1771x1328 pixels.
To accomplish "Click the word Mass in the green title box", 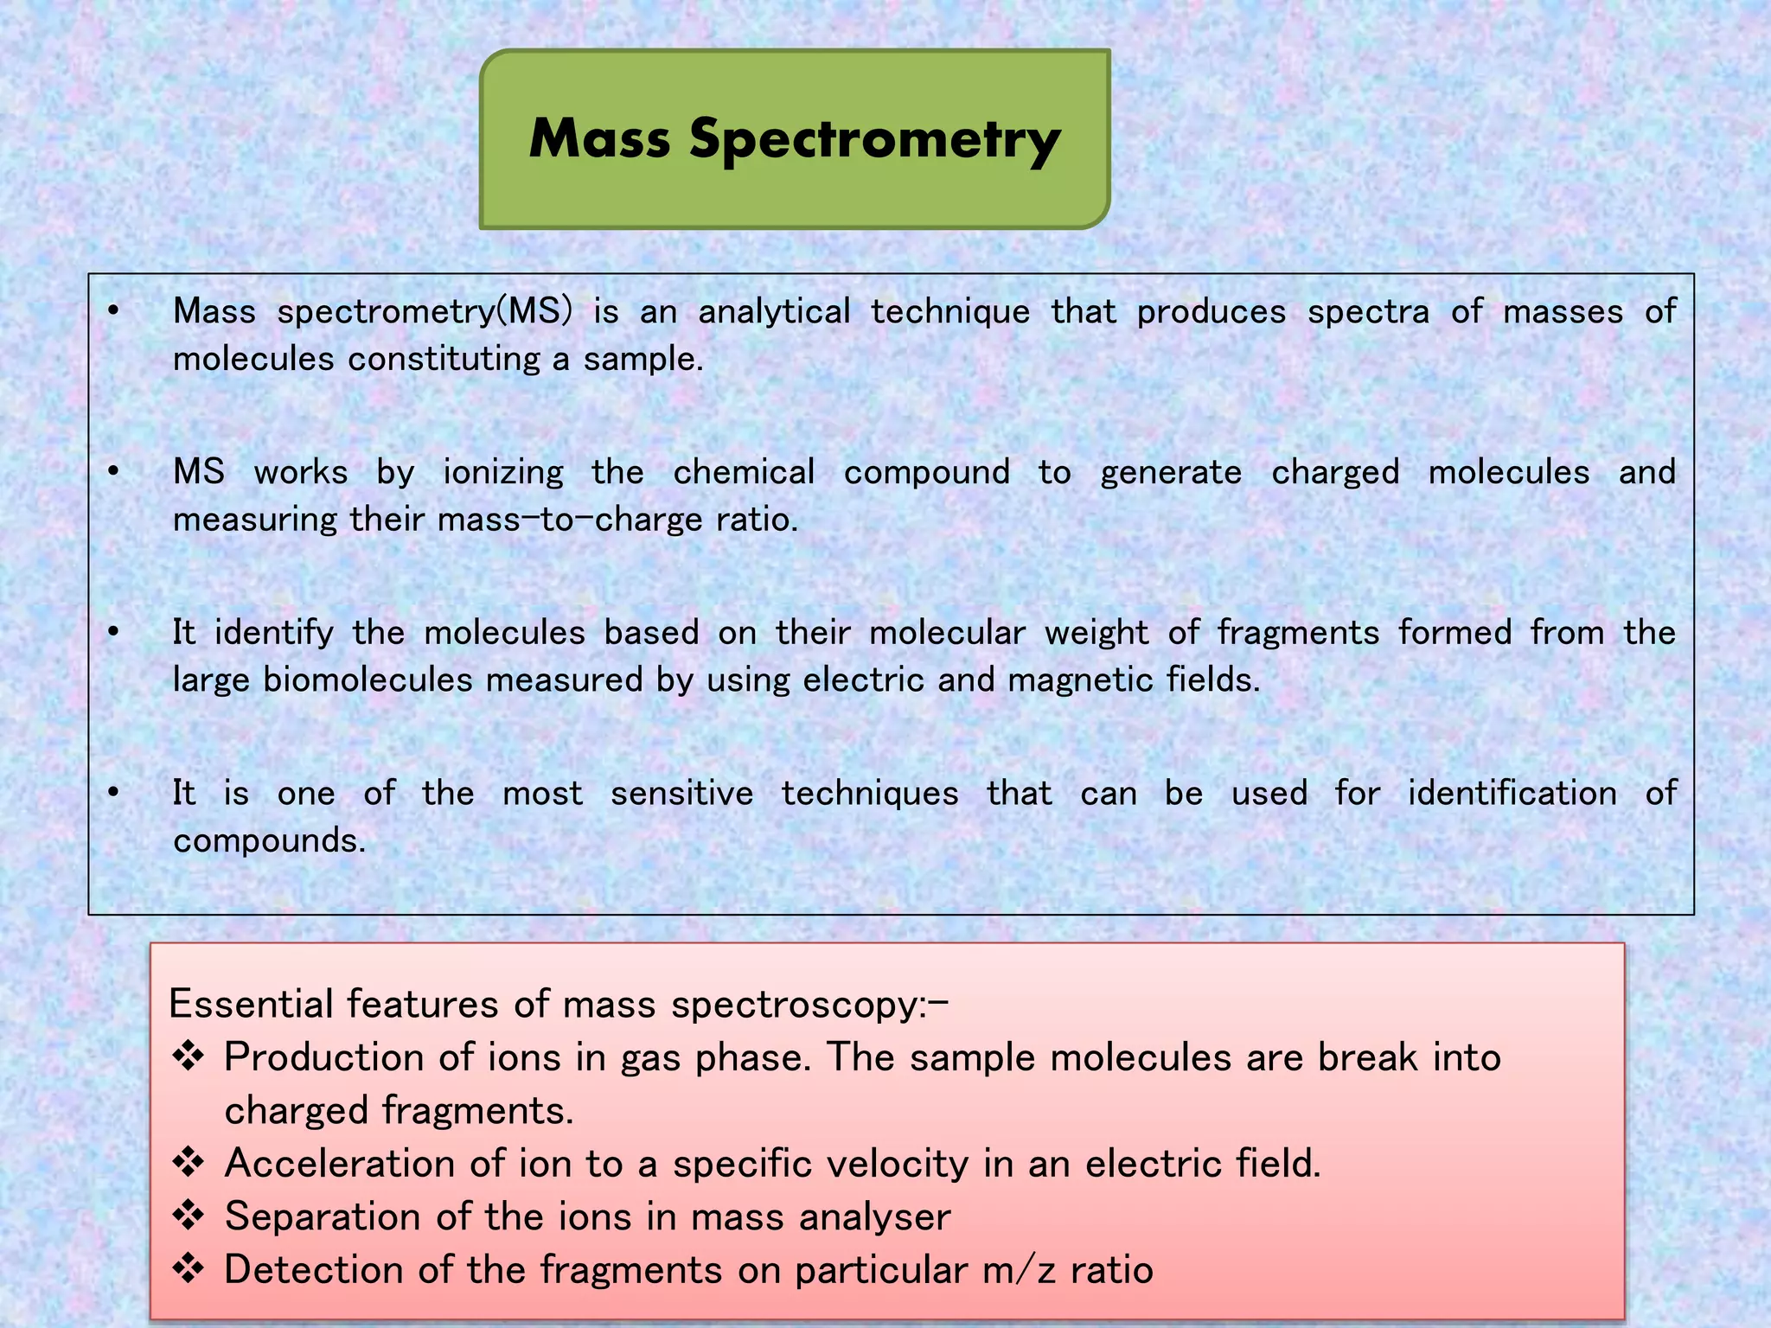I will (x=599, y=138).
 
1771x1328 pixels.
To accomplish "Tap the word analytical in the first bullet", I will (x=774, y=312).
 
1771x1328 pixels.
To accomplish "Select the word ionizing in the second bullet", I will (x=502, y=473).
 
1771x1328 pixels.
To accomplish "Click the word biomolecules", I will (x=368, y=680).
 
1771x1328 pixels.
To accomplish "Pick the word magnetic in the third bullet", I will (x=1080, y=680).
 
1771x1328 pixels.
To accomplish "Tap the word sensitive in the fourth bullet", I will (x=681, y=794).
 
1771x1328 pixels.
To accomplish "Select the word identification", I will (x=1512, y=794).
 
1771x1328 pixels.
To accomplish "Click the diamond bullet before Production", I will (x=189, y=1057).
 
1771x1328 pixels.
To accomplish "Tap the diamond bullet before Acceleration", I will (x=189, y=1163).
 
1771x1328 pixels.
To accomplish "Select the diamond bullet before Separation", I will (x=189, y=1216).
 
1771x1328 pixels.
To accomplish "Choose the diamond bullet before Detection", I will (x=189, y=1269).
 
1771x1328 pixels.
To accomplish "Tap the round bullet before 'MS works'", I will (x=113, y=472).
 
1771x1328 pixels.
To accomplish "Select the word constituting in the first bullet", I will (x=444, y=359).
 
